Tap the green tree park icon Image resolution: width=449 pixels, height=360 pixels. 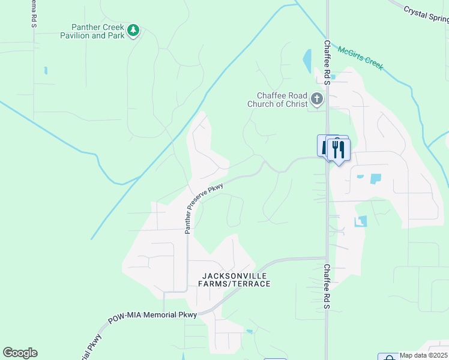[x=133, y=30]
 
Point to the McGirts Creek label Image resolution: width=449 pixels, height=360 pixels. [x=360, y=58]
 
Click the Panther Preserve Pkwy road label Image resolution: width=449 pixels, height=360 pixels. [x=204, y=208]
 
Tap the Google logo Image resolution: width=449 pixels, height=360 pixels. [x=20, y=353]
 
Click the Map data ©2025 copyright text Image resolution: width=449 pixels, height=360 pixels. [x=423, y=355]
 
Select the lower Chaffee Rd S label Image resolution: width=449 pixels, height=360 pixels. [x=328, y=286]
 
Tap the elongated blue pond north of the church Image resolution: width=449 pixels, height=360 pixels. [x=307, y=61]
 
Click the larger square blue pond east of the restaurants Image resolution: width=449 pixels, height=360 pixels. [x=376, y=178]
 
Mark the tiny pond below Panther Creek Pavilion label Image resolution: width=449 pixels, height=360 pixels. [x=46, y=71]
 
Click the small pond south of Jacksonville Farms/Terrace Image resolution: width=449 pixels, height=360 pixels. [x=249, y=331]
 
